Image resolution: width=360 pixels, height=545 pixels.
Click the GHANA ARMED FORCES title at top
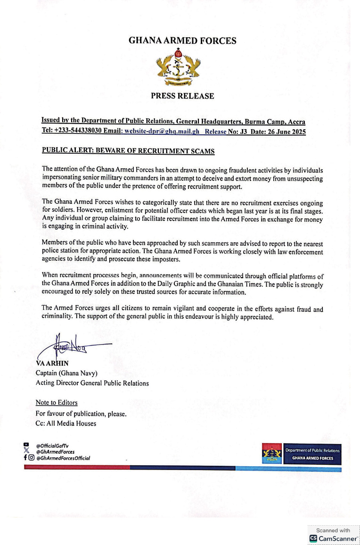182,41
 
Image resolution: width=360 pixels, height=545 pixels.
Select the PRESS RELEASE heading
182,96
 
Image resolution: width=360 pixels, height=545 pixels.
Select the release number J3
244,132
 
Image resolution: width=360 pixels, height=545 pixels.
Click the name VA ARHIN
52,363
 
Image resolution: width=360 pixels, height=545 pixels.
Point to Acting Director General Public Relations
92,383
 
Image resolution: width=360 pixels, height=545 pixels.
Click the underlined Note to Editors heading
57,403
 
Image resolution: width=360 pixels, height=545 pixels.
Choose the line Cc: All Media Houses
65,423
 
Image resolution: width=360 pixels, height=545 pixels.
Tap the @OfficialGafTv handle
52,446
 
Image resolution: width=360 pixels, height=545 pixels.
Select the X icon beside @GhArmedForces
26,452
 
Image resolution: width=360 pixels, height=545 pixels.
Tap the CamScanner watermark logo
333,538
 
